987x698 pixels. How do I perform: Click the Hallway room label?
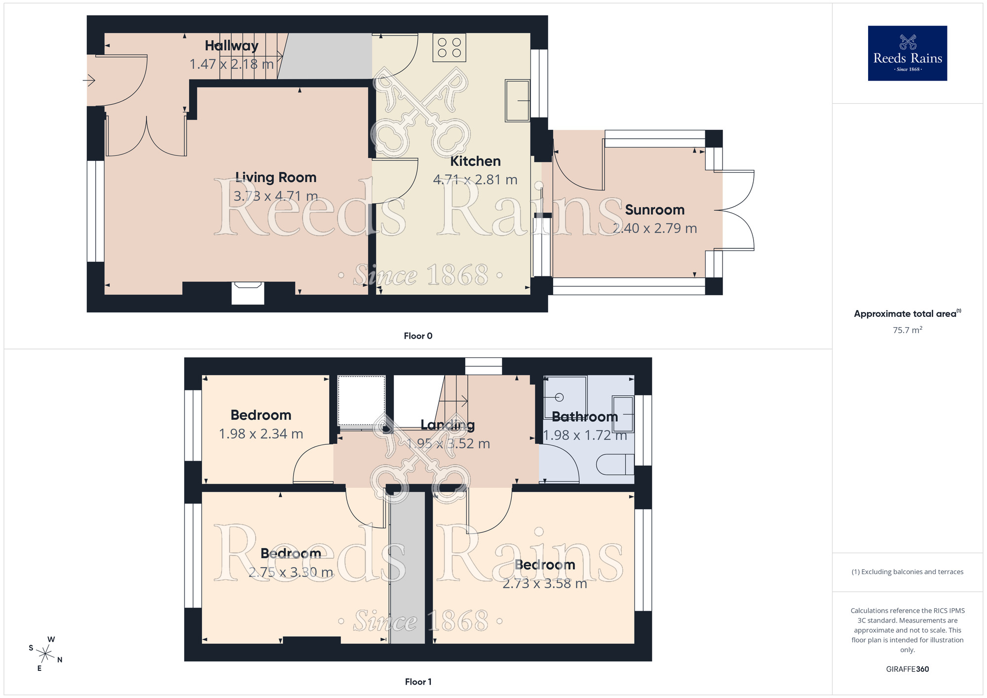(231, 46)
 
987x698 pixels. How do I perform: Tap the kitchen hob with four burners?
(449, 48)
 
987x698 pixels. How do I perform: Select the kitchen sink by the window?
(517, 101)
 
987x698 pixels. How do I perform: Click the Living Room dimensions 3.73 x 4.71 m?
(275, 196)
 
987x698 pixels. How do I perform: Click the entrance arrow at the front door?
(89, 79)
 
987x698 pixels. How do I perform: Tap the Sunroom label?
(654, 210)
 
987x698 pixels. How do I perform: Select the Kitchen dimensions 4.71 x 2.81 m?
(475, 180)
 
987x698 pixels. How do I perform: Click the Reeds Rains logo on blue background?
(907, 53)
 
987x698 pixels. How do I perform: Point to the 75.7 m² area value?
(907, 330)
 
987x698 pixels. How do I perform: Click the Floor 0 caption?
(418, 336)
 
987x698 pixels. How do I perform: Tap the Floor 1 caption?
(418, 682)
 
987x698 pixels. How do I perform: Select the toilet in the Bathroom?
(614, 465)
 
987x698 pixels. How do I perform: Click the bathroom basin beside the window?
(623, 413)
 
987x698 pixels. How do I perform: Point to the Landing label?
(447, 425)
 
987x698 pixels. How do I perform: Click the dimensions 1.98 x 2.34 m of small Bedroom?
(261, 434)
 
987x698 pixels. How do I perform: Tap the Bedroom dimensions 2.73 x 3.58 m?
(544, 583)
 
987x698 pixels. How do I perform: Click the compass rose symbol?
(45, 655)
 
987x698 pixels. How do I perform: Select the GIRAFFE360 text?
(907, 669)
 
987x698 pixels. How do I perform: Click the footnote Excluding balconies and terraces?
(907, 572)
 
